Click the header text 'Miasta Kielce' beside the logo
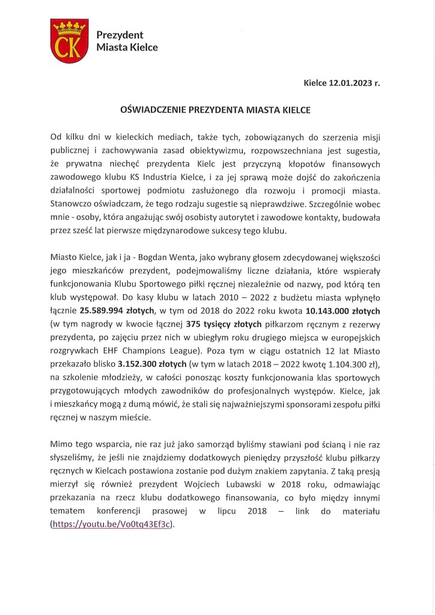click(127, 47)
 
